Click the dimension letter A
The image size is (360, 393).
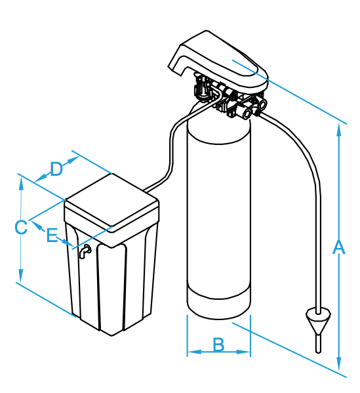pyautogui.click(x=338, y=247)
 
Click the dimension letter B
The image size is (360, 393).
pyautogui.click(x=219, y=344)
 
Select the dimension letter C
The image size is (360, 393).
pyautogui.click(x=21, y=227)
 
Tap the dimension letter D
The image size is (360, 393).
pyautogui.click(x=56, y=169)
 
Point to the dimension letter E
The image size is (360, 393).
pyautogui.click(x=52, y=235)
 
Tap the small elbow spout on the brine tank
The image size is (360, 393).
pyautogui.click(x=85, y=251)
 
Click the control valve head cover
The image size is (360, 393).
pyautogui.click(x=218, y=62)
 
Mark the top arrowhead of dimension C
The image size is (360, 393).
pyautogui.click(x=21, y=184)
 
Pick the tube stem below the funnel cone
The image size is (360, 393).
pyautogui.click(x=318, y=344)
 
